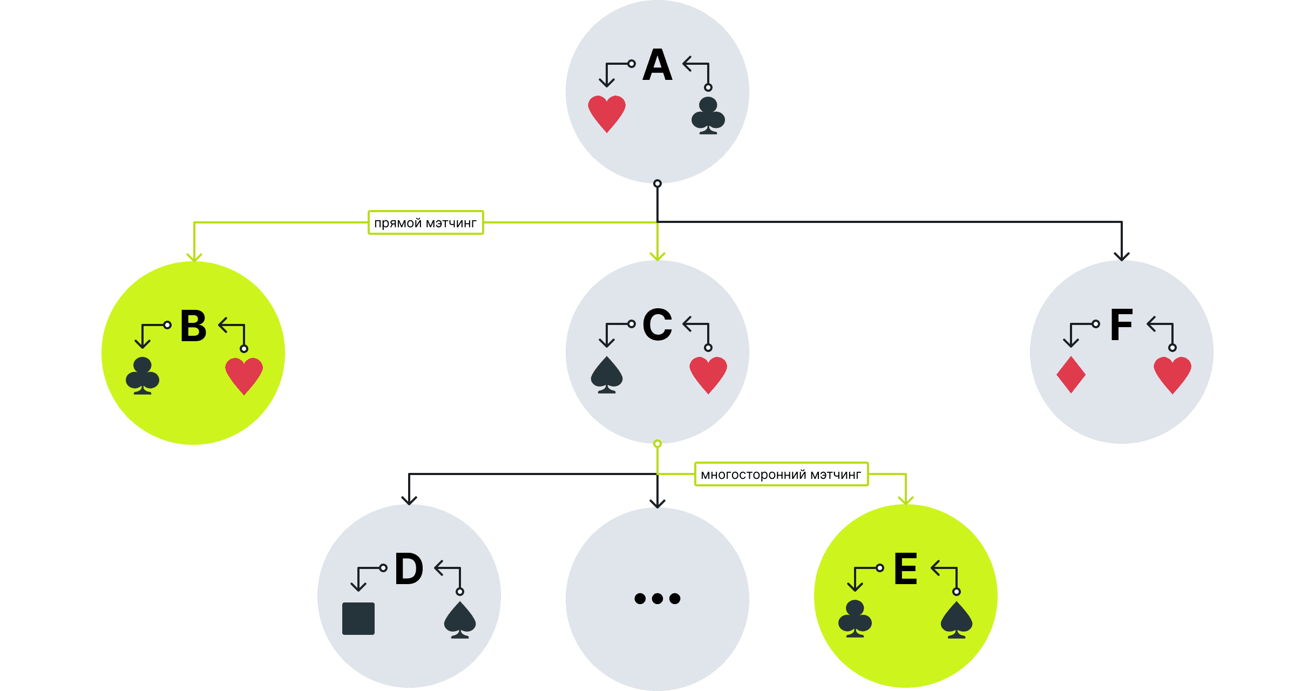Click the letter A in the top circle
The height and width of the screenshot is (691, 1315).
pyautogui.click(x=657, y=65)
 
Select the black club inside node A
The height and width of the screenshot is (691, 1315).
pyautogui.click(x=708, y=116)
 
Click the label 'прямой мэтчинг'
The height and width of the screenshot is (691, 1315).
pyautogui.click(x=425, y=222)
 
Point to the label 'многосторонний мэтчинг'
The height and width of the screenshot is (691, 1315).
pyautogui.click(x=781, y=474)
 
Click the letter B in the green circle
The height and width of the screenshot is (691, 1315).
pyautogui.click(x=193, y=326)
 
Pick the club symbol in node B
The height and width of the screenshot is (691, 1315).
pyautogui.click(x=143, y=376)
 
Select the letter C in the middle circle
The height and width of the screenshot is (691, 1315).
pyautogui.click(x=657, y=325)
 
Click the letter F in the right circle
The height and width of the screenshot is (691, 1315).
pyautogui.click(x=1121, y=325)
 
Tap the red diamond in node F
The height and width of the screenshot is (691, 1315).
pyautogui.click(x=1070, y=375)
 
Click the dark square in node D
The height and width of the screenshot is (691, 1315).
pyautogui.click(x=358, y=619)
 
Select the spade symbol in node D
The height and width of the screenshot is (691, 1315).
pyautogui.click(x=459, y=620)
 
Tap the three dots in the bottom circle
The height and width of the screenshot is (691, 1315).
pyautogui.click(x=657, y=598)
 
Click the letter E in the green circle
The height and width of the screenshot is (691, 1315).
pyautogui.click(x=905, y=569)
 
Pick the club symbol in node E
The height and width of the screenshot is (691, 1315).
pyautogui.click(x=855, y=619)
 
